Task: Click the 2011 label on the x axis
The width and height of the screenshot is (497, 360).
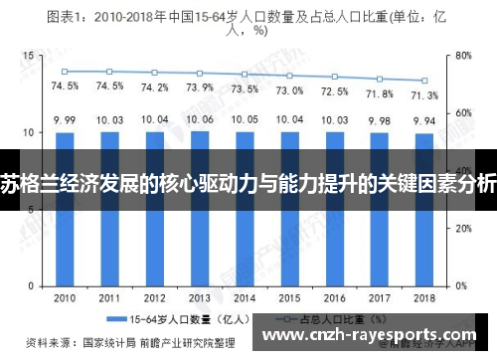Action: click(x=110, y=298)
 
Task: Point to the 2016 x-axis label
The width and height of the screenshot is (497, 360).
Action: click(x=335, y=298)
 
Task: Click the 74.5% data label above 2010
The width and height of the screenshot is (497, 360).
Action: click(x=65, y=87)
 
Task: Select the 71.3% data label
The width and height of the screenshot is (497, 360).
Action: click(x=424, y=94)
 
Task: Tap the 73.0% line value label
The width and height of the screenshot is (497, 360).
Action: click(x=289, y=90)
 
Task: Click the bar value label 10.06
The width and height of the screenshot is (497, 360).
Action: click(x=200, y=119)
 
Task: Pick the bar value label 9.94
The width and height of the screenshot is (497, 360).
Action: click(x=424, y=120)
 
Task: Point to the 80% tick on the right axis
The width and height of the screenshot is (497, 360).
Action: click(x=463, y=56)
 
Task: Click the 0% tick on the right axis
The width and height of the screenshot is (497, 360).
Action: click(x=460, y=285)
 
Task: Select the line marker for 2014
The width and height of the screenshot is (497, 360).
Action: click(x=245, y=75)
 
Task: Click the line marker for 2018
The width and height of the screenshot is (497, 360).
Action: click(x=424, y=81)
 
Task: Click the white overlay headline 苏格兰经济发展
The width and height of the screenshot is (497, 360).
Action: click(x=248, y=180)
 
